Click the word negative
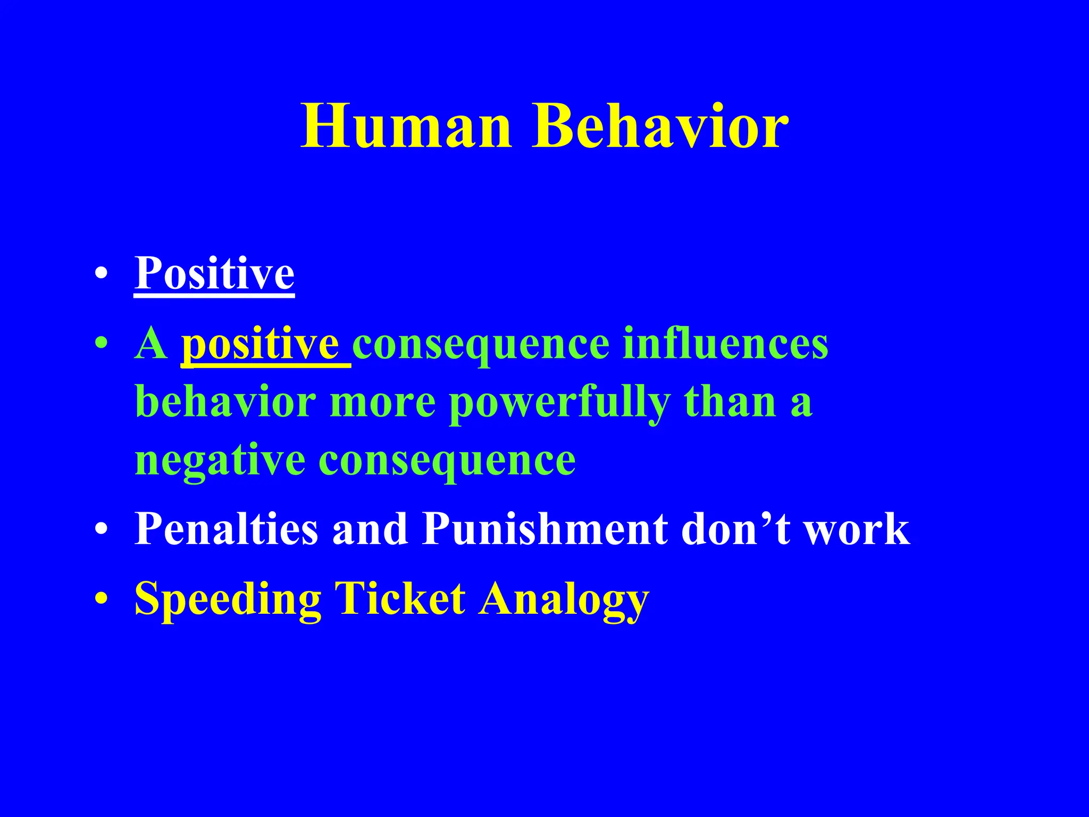point(220,460)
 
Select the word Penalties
point(227,529)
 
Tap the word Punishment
point(545,529)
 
